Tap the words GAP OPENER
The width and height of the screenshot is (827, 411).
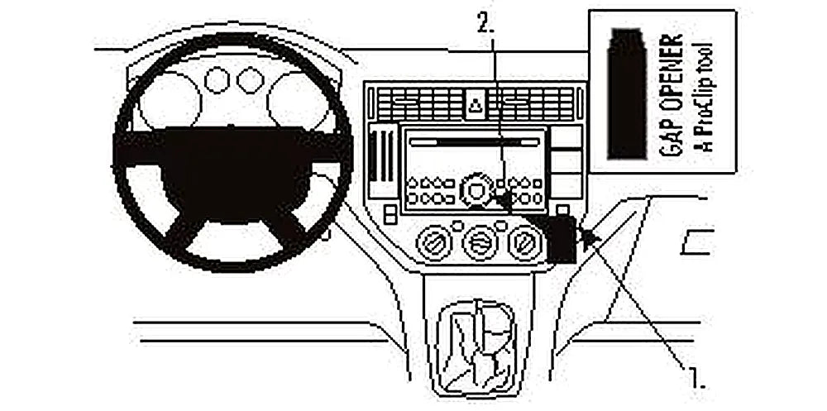coord(672,95)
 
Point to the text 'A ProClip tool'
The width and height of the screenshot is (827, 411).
coord(704,98)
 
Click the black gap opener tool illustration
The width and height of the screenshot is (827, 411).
coord(627,93)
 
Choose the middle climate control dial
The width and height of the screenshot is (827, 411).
coord(480,242)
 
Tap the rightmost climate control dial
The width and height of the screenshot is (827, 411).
coord(526,242)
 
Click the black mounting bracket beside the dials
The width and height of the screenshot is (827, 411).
coord(562,238)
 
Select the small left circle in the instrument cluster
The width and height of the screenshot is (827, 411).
coord(217,80)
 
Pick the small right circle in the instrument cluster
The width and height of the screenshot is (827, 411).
coord(250,80)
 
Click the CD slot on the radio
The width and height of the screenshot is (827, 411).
coord(475,142)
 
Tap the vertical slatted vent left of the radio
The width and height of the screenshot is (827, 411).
coord(382,160)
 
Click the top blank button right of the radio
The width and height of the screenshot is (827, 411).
coord(566,136)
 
